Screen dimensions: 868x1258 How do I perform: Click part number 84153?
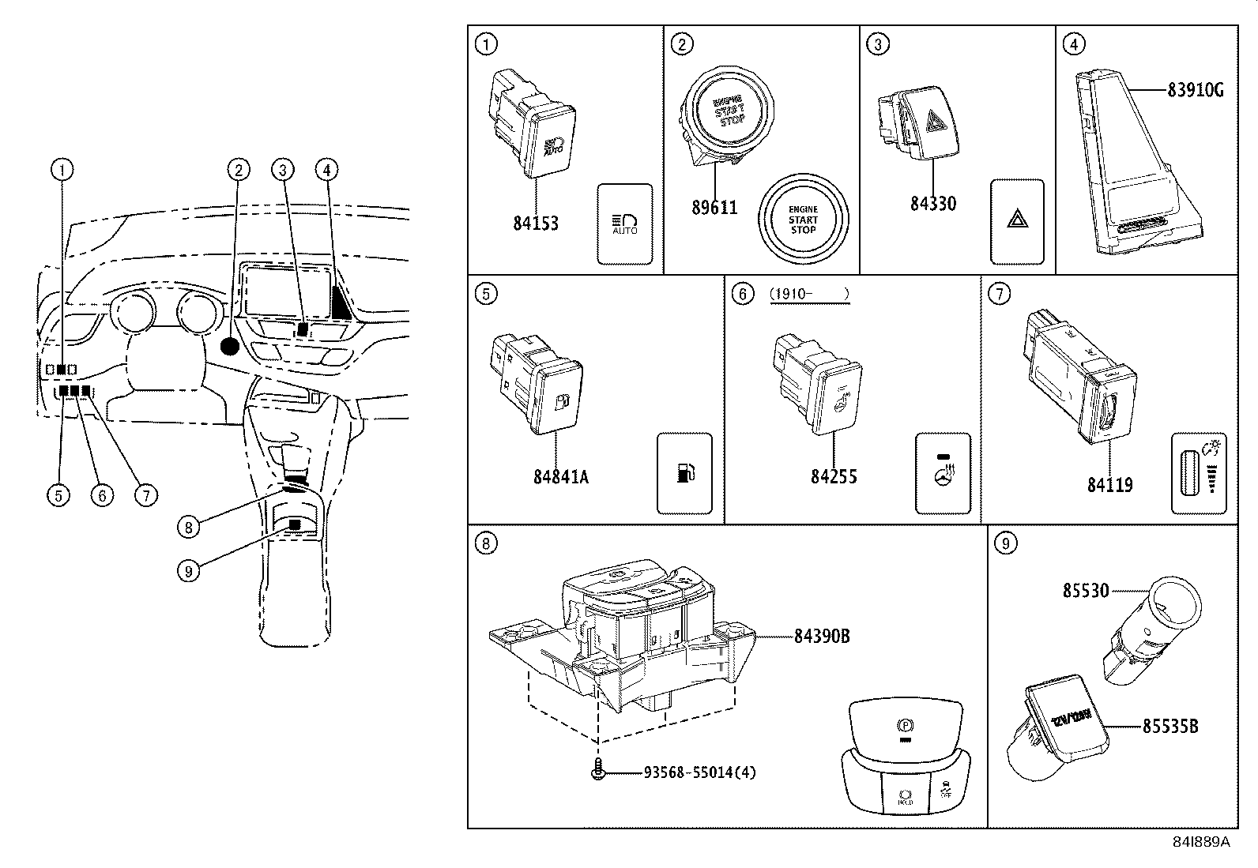point(535,224)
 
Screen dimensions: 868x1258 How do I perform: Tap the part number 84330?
point(932,203)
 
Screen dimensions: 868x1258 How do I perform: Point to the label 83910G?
point(1196,90)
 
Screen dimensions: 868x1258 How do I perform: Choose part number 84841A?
point(560,477)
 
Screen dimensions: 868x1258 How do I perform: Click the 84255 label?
point(834,476)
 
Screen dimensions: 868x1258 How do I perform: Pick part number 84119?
point(1109,485)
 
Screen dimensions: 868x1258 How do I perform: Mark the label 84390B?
point(822,635)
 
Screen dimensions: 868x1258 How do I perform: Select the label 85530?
point(1086,590)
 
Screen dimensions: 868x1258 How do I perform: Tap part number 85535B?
point(1169,725)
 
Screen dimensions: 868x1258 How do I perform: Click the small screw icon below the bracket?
point(599,771)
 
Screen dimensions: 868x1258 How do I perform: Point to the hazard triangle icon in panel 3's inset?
point(1017,220)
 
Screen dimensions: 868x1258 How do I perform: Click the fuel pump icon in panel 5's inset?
point(684,472)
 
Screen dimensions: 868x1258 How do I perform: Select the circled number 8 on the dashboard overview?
point(188,526)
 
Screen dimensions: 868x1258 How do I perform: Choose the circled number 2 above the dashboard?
point(238,169)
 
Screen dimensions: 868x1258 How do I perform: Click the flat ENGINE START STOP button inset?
point(803,219)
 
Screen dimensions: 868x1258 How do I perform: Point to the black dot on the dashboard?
point(230,346)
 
